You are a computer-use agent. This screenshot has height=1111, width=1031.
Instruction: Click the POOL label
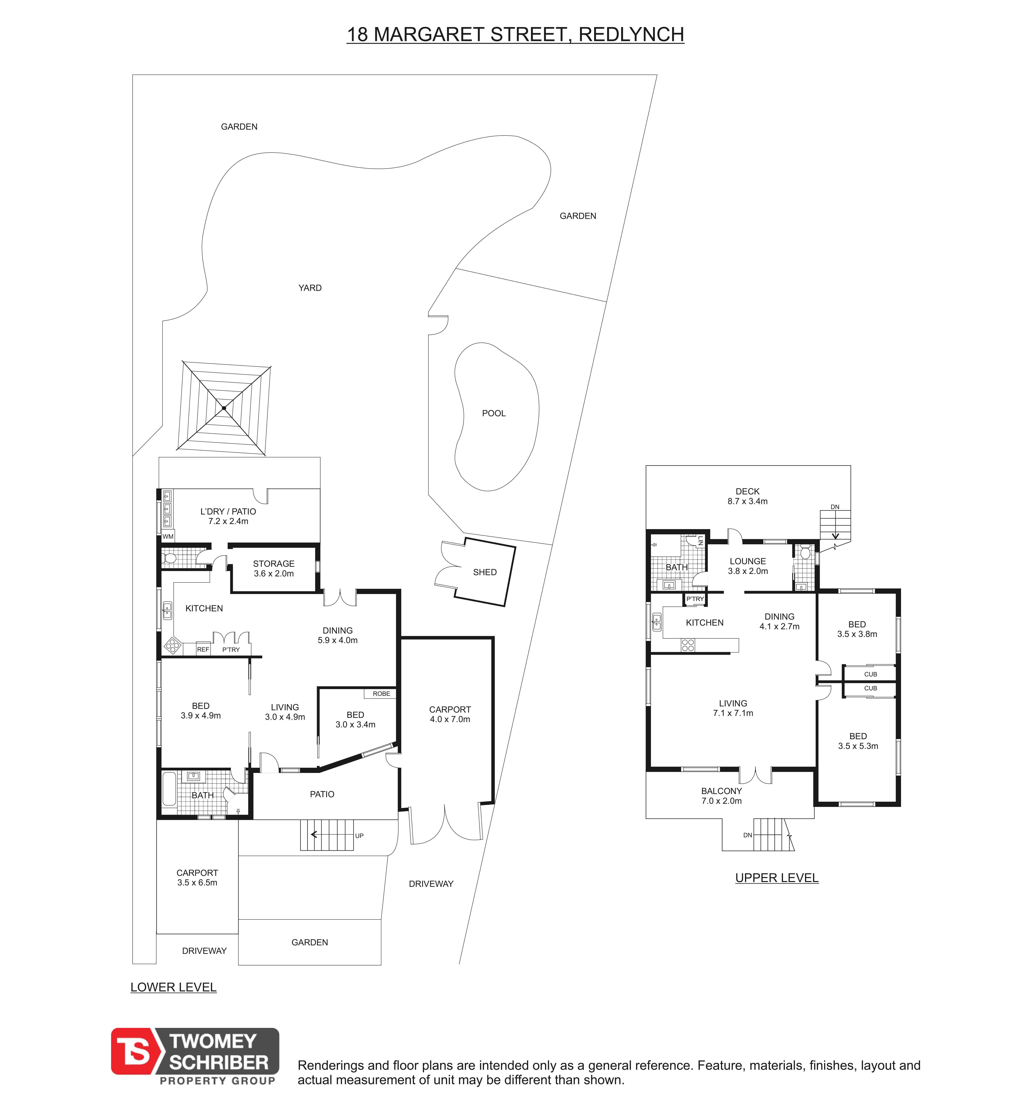click(494, 413)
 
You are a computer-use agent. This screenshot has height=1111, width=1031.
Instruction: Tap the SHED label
click(485, 573)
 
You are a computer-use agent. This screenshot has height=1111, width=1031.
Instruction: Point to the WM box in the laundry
click(168, 537)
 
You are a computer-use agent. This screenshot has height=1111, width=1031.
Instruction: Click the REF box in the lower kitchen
click(203, 650)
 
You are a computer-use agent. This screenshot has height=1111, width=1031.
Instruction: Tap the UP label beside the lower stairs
click(359, 836)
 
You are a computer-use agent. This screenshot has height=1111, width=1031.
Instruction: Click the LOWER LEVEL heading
click(174, 988)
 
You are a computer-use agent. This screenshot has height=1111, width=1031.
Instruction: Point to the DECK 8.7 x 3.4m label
click(748, 496)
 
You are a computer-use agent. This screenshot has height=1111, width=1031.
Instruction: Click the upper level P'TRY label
click(695, 599)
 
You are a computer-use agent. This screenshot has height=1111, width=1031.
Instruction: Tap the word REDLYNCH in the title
click(632, 35)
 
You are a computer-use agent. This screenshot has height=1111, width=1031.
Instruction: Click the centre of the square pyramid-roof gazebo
click(224, 408)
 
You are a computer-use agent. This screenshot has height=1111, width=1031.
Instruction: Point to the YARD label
click(310, 288)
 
